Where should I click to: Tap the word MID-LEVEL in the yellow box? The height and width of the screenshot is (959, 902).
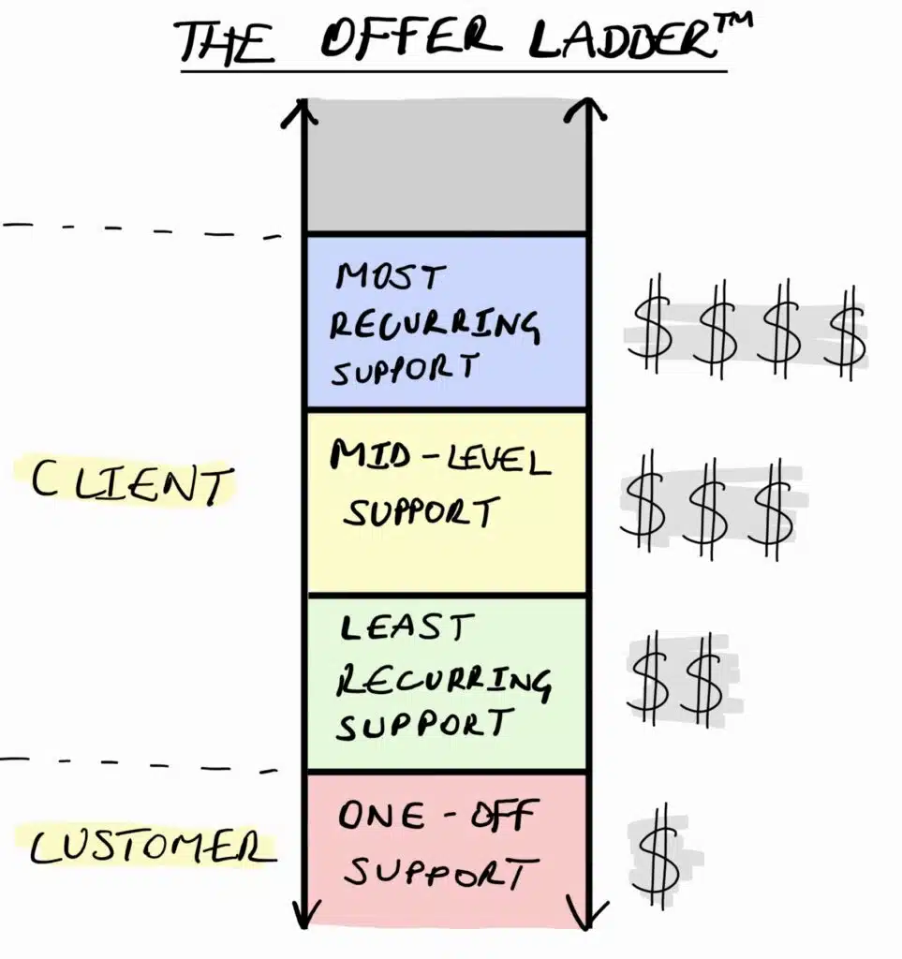click(439, 460)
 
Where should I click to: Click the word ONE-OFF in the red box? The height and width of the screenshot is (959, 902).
click(434, 816)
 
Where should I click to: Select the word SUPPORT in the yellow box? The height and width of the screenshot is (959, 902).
click(420, 513)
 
